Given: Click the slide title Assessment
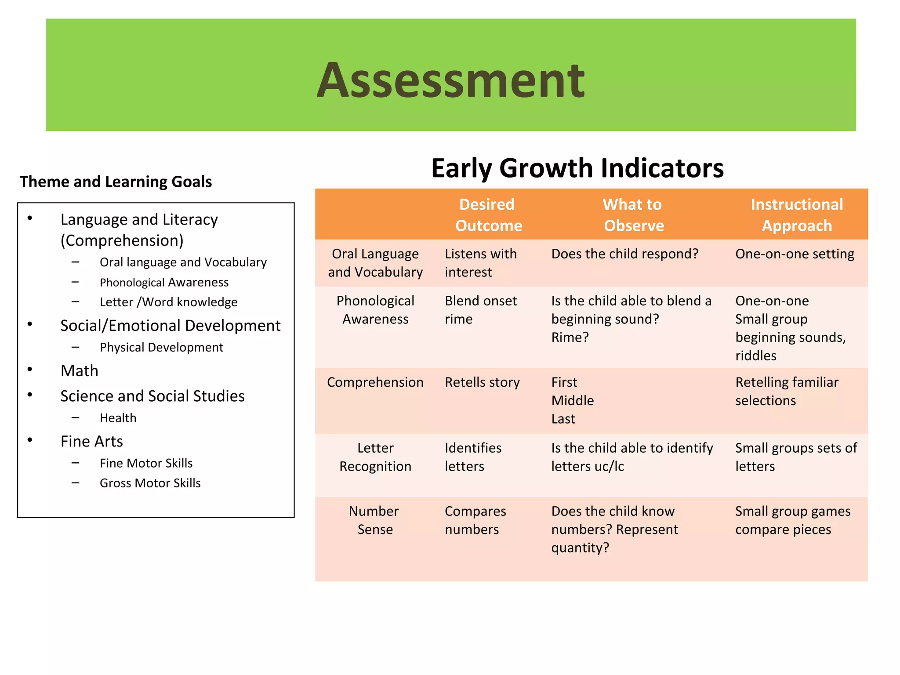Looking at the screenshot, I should pyautogui.click(x=450, y=80).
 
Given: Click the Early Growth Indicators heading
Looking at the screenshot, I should pyautogui.click(x=577, y=168).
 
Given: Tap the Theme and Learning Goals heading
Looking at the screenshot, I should pyautogui.click(x=116, y=181).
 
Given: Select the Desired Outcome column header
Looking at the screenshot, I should pyautogui.click(x=488, y=215).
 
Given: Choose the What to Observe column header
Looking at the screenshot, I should pyautogui.click(x=633, y=215).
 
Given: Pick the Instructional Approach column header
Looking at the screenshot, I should pyautogui.click(x=796, y=215).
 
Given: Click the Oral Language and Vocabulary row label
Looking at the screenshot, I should pyautogui.click(x=375, y=263).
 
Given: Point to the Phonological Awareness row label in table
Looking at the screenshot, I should pyautogui.click(x=375, y=310).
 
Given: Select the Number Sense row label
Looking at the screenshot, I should pyautogui.click(x=374, y=520).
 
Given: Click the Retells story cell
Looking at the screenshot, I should pyautogui.click(x=482, y=382).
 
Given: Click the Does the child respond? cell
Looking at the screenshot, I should pyautogui.click(x=624, y=254).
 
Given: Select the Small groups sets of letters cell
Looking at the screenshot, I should pyautogui.click(x=795, y=457).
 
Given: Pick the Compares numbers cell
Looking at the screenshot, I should pyautogui.click(x=475, y=520).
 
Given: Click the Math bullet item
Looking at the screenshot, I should pyautogui.click(x=80, y=371).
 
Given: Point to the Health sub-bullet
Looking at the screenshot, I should pyautogui.click(x=118, y=418).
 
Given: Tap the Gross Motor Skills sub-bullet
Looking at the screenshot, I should pyautogui.click(x=150, y=483).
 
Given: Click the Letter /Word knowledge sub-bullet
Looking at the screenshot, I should pyautogui.click(x=168, y=302).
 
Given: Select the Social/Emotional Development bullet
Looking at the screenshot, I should pyautogui.click(x=170, y=326).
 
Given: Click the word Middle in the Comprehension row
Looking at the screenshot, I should pyautogui.click(x=572, y=401).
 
